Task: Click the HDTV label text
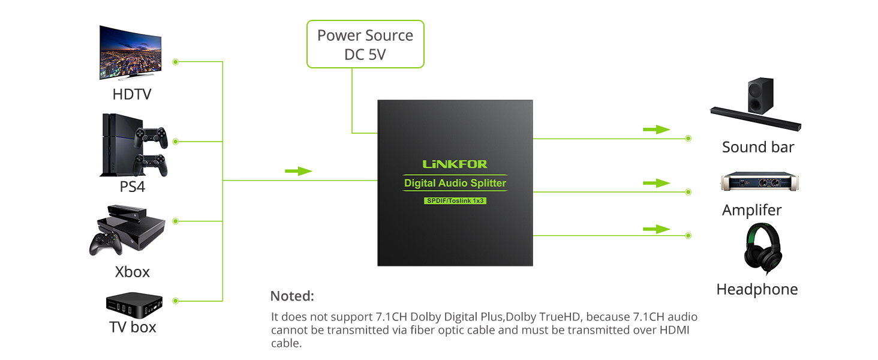point(132,94)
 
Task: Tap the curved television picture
point(131,53)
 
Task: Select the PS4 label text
point(132,187)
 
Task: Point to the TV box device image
point(134,305)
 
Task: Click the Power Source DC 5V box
point(365,44)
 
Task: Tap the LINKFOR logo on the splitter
point(455,164)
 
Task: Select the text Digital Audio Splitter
point(455,183)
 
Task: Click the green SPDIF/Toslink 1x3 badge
point(455,201)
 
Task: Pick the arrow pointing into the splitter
point(298,171)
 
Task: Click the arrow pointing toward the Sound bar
point(657,130)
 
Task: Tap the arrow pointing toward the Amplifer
point(657,183)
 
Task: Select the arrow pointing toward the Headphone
point(657,229)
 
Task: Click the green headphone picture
point(763,248)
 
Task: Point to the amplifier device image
point(760,182)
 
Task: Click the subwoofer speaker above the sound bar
point(761,95)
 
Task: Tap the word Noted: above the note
point(292,296)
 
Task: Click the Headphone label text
point(757,289)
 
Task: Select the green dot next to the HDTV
point(176,62)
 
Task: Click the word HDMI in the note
point(674,330)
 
